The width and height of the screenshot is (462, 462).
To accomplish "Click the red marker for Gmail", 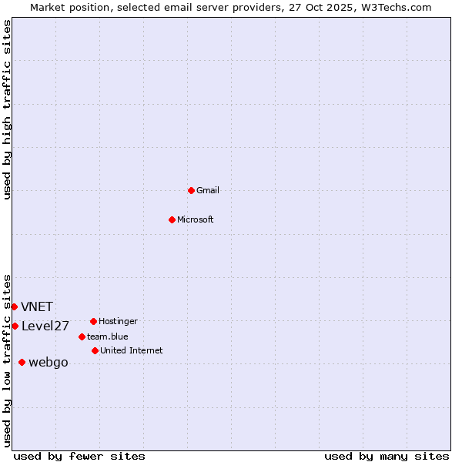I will click(x=191, y=190).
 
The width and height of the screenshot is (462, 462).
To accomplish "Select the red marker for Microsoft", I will click(x=172, y=219).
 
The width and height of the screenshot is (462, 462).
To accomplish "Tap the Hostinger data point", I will click(x=93, y=321).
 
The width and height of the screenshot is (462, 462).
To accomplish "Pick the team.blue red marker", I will click(x=82, y=336).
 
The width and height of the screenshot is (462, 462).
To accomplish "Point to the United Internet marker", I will click(x=95, y=350).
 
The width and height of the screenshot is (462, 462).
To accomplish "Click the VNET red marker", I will click(x=14, y=306).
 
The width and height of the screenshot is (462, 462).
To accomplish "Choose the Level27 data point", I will click(x=15, y=326).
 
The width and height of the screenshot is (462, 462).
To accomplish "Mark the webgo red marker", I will click(x=22, y=362).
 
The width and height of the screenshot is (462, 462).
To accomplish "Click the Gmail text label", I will click(x=208, y=190).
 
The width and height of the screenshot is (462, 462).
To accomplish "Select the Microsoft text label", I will click(x=196, y=219).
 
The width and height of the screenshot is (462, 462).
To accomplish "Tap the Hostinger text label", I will click(x=118, y=321).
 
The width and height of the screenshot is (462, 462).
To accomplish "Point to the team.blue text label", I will click(x=108, y=336).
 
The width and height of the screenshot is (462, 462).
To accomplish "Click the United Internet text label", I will click(x=132, y=350).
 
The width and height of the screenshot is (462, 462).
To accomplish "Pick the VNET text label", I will click(x=37, y=306).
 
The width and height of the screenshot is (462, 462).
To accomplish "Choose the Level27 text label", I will click(x=45, y=326).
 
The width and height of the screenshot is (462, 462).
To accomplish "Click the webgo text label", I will click(x=49, y=363).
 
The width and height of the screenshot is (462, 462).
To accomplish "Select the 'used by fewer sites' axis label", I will click(x=79, y=456).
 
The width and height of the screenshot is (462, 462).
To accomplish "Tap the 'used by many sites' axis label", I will click(x=387, y=456).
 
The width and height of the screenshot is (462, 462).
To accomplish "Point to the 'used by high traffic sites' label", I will click(x=7, y=109).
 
